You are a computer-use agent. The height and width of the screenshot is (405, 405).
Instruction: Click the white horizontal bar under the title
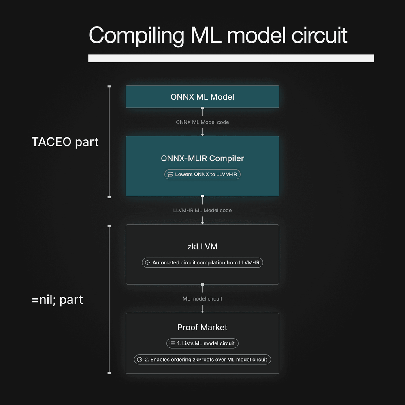pos(231,58)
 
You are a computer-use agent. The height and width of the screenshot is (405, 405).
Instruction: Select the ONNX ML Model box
pos(202,97)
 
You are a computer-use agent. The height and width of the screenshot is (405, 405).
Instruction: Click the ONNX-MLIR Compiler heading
pos(202,158)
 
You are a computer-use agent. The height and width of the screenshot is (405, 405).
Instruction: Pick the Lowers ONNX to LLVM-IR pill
pos(202,174)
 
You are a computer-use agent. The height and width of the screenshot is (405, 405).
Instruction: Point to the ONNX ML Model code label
pos(202,122)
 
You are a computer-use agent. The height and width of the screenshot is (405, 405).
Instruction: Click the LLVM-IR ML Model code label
pos(202,210)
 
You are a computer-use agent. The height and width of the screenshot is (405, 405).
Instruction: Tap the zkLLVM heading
pos(202,247)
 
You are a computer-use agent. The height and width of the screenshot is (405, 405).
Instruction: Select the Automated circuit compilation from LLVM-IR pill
pos(202,262)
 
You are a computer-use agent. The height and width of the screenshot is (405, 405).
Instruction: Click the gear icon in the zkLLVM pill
pos(147,262)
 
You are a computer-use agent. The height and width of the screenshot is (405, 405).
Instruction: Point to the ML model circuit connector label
pos(202,298)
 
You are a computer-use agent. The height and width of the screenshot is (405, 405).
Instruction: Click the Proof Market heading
pos(202,327)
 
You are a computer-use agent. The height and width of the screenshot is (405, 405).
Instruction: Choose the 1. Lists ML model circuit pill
pos(202,343)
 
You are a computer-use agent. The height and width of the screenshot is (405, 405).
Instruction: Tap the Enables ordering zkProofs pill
pos(202,359)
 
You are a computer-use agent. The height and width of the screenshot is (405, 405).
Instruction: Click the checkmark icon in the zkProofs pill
pos(140,359)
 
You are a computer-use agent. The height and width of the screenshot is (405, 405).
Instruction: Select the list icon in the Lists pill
pos(172,343)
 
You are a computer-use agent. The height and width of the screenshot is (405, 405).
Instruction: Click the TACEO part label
pos(65,142)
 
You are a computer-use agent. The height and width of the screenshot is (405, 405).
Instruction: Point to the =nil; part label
pos(57,300)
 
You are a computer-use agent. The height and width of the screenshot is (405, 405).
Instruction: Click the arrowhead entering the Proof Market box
pos(202,311)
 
